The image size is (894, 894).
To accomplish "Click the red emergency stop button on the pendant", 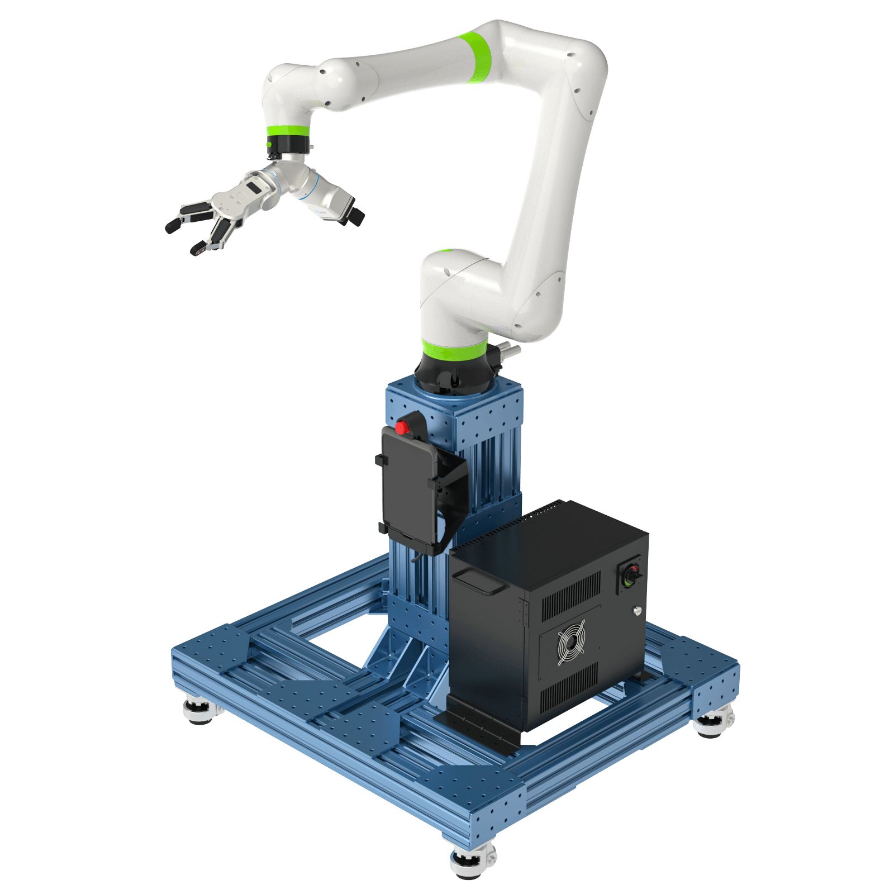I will (x=401, y=427).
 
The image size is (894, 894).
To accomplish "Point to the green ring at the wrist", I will (x=287, y=132).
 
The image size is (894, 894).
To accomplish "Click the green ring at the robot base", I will (x=454, y=350).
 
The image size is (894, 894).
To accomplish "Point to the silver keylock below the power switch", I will (x=636, y=611).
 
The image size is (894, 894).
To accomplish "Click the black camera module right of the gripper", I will (x=353, y=215).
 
